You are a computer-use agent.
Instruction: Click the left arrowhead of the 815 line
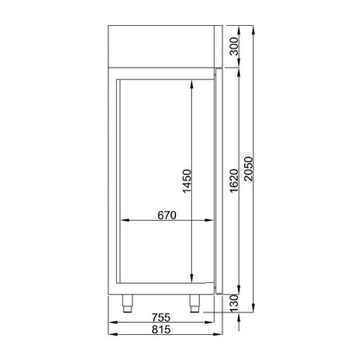111,337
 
